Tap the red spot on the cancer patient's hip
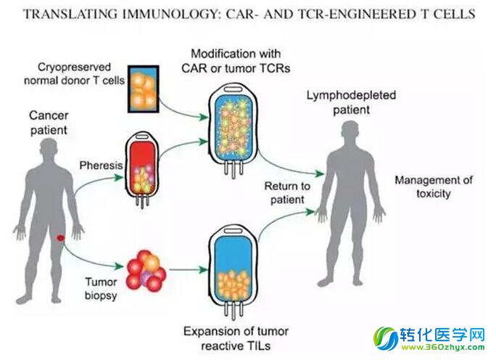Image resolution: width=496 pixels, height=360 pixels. point(61,239)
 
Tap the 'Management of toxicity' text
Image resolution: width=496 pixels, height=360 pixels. point(434,187)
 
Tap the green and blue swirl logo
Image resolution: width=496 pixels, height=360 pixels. point(385,338)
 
